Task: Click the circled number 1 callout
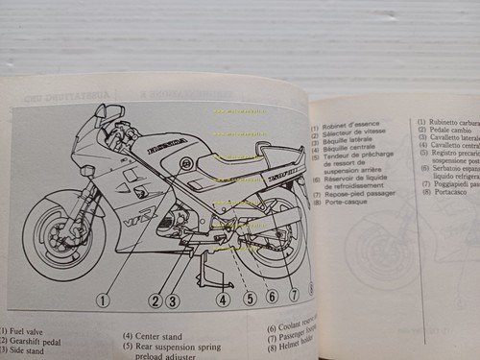pos(102,300)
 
